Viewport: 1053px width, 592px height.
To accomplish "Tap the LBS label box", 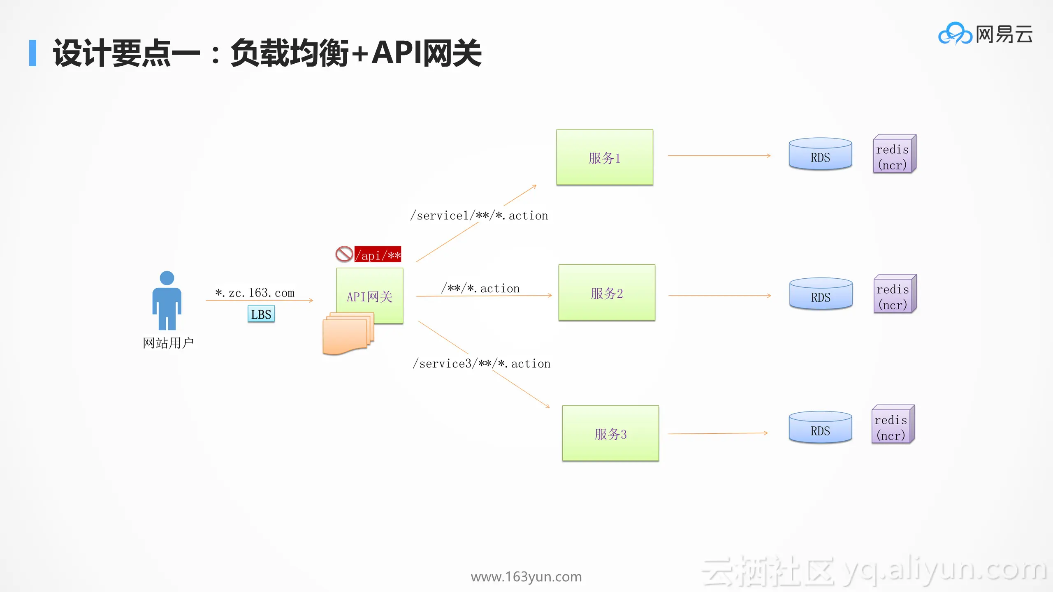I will [x=261, y=314].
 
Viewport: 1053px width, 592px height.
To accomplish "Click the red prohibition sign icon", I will [x=344, y=254].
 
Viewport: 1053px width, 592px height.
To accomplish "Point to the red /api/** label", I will [x=378, y=255].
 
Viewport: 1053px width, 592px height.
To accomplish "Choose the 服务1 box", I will [x=605, y=157].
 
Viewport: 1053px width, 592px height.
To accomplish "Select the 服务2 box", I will [x=607, y=293].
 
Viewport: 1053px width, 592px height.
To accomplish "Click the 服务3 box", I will [x=610, y=433].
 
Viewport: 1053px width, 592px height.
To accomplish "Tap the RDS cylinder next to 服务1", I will [x=820, y=155].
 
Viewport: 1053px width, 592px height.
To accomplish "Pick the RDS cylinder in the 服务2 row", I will [x=821, y=294].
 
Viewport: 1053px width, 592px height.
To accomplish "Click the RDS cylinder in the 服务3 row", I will [x=820, y=428].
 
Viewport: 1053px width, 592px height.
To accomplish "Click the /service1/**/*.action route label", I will [x=479, y=215].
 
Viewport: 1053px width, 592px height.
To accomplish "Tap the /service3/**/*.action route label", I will [x=482, y=363].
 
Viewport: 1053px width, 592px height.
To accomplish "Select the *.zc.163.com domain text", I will [x=255, y=293].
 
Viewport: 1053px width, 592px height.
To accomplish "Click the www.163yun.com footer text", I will [x=526, y=577].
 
